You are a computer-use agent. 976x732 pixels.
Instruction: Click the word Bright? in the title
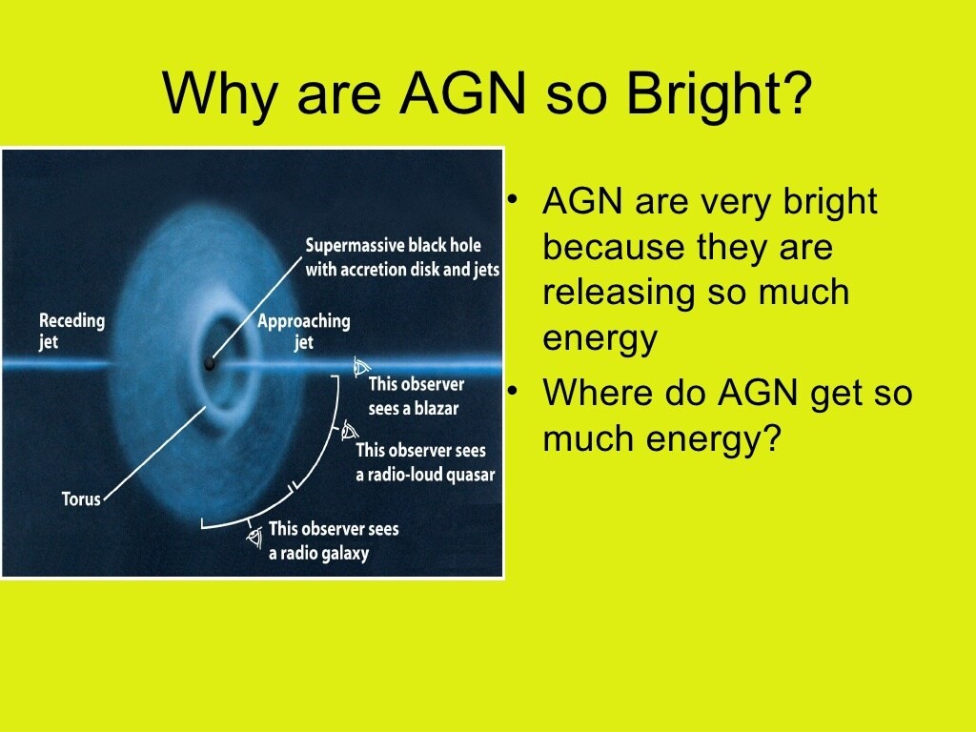719,93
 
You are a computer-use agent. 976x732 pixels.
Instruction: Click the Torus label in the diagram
81,499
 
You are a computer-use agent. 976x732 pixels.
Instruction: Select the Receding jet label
71,331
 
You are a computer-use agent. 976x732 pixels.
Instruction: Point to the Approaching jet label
304,331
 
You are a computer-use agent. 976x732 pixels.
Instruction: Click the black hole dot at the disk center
210,363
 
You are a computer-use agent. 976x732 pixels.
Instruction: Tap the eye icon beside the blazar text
360,367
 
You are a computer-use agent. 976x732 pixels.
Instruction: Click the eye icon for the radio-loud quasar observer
349,431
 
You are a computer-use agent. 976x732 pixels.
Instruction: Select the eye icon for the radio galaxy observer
254,537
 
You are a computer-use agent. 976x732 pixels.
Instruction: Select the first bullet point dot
512,200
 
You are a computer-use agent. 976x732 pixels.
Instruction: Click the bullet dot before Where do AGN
512,391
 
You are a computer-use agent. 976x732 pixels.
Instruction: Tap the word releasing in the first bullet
618,293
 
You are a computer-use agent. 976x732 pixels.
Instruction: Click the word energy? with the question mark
713,439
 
